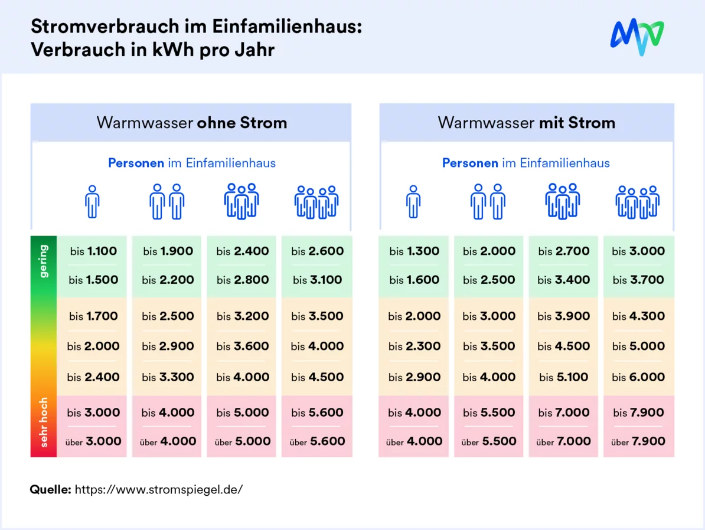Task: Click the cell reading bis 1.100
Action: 93,251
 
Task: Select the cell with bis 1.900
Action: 168,251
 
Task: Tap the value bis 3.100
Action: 317,280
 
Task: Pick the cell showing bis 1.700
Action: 93,316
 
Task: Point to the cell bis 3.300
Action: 168,377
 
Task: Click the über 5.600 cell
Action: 317,441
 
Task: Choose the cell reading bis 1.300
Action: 414,251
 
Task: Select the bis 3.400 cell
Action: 563,280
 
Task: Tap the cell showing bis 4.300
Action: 638,316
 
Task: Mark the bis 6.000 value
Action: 638,377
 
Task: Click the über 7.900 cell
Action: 638,441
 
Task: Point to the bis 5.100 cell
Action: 563,377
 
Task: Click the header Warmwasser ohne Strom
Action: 191,123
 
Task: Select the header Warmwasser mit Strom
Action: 526,123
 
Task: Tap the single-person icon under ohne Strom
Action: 92,202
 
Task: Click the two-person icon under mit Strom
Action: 488,202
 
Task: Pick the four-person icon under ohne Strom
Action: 316,202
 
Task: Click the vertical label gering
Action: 44,261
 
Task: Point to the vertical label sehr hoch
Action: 44,422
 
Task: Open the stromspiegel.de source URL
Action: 158,489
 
